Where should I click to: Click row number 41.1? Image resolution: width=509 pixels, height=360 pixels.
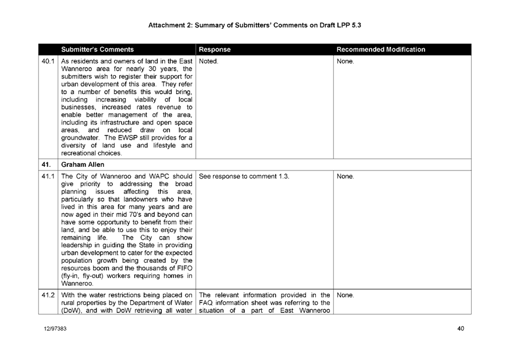(x=48, y=175)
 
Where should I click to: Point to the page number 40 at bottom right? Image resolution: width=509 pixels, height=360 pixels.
(x=460, y=330)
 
